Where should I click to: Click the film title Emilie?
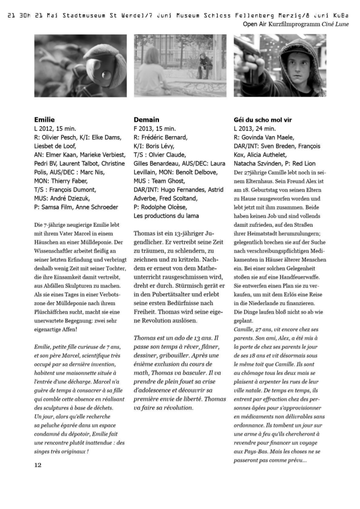[44, 119]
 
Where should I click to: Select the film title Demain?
[146, 119]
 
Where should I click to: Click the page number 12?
[38, 465]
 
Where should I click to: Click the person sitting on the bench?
[203, 65]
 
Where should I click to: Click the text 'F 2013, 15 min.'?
[155, 128]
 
